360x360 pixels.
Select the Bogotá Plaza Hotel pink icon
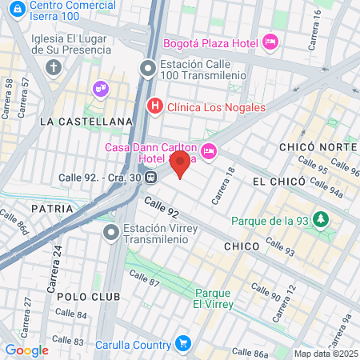[x=270, y=42]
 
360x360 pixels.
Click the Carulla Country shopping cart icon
[x=183, y=344]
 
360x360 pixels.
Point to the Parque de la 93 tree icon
[x=321, y=218]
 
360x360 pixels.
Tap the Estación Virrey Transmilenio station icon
[x=111, y=233]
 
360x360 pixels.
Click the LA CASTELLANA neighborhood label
[x=85, y=122]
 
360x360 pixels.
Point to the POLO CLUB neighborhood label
[x=88, y=297]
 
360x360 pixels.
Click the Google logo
[x=26, y=350]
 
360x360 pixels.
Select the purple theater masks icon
[x=101, y=87]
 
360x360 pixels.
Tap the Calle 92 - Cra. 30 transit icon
[x=150, y=178]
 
